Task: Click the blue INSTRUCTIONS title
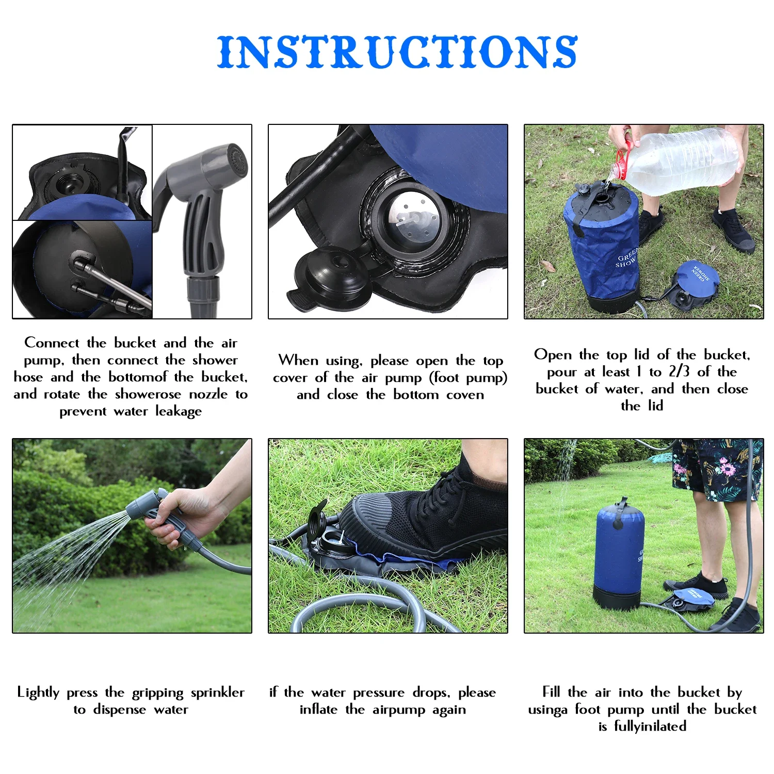[x=397, y=52]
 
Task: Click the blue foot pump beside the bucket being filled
[x=695, y=281]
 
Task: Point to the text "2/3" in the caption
[x=679, y=372]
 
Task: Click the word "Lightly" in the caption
[x=38, y=692]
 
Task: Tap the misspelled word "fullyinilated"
[x=650, y=727]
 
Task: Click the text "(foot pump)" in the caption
[x=468, y=378]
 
